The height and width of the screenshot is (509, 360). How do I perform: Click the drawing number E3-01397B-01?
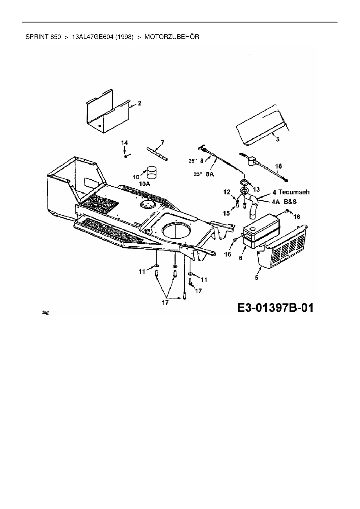[275, 308]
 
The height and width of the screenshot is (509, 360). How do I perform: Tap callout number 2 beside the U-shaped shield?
[140, 103]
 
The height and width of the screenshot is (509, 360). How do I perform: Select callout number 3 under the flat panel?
[278, 139]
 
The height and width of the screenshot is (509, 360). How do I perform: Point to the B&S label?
[290, 201]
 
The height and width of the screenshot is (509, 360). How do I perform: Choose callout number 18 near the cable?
[278, 166]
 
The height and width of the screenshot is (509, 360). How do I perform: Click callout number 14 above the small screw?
[124, 142]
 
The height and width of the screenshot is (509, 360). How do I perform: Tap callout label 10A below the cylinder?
[145, 184]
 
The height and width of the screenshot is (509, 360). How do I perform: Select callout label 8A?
[209, 174]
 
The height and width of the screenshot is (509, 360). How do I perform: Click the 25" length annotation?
[193, 161]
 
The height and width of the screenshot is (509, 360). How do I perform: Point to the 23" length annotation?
[198, 174]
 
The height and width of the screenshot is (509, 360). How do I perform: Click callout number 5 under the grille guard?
[256, 278]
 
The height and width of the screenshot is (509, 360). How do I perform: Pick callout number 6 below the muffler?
[240, 257]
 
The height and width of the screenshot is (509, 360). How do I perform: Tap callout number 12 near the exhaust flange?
[226, 192]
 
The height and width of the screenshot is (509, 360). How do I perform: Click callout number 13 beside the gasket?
[256, 189]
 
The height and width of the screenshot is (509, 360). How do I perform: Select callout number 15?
[226, 213]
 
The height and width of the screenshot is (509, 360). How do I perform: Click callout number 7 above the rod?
[162, 142]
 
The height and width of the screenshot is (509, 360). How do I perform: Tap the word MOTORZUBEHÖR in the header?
[172, 37]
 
